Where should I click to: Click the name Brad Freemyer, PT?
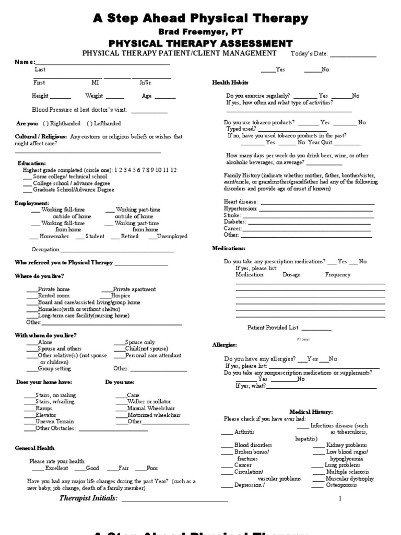pyautogui.click(x=200, y=31)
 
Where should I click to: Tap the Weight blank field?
pyautogui.click(x=114, y=97)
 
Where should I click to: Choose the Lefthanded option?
pyautogui.click(x=104, y=123)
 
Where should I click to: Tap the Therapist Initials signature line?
pyautogui.click(x=174, y=500)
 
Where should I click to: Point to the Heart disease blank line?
pyautogui.click(x=317, y=203)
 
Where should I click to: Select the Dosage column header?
pyautogui.click(x=292, y=274)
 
